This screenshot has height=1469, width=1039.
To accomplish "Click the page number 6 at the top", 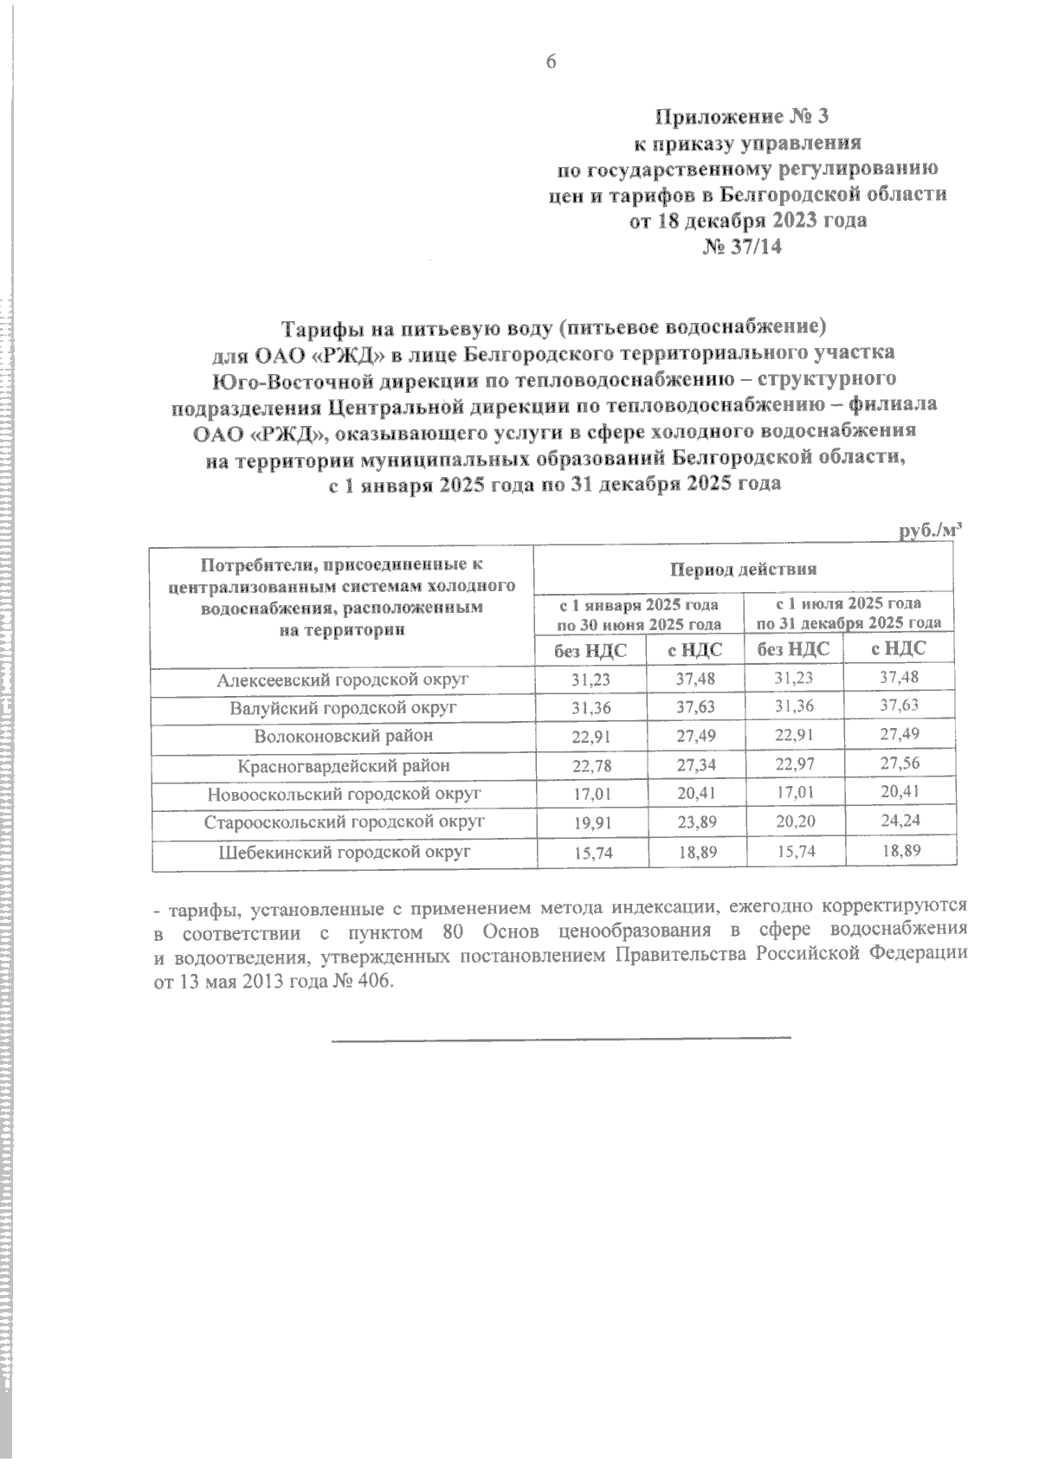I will (549, 61).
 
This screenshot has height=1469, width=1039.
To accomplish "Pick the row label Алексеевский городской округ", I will (343, 680).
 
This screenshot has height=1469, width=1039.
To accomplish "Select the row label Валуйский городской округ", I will (343, 708).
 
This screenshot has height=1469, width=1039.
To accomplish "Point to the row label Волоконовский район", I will (343, 736).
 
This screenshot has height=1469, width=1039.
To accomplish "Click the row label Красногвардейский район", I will (343, 765).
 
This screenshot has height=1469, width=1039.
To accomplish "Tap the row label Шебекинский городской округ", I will (343, 852).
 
